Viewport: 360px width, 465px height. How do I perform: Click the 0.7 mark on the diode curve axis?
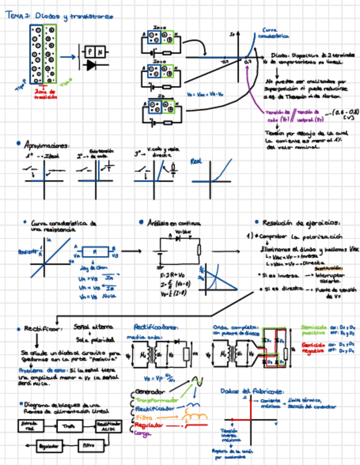[248, 62]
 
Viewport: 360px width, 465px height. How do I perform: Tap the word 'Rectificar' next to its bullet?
[38, 328]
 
